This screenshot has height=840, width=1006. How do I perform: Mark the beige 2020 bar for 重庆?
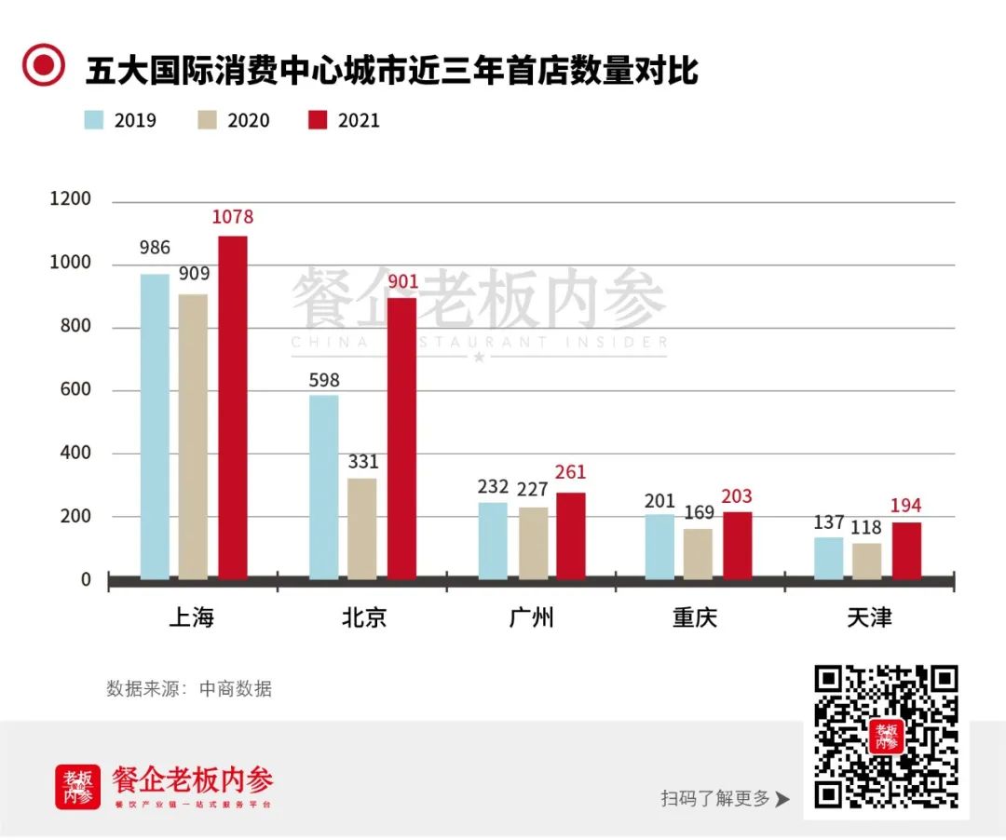tap(698, 553)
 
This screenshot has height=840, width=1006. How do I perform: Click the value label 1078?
tap(232, 217)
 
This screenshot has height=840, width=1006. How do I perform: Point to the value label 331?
tap(362, 462)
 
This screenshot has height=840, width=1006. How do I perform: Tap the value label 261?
tap(570, 473)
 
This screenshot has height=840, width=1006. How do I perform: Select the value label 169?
tap(698, 512)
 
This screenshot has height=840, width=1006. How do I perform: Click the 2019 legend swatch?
tap(94, 120)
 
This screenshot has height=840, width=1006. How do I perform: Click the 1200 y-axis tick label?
tap(71, 199)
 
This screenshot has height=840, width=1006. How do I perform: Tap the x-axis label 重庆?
tap(696, 617)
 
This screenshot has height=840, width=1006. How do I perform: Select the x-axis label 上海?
tap(192, 617)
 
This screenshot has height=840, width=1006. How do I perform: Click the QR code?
tap(886, 736)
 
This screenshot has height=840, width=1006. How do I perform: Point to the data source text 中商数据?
tap(236, 689)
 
